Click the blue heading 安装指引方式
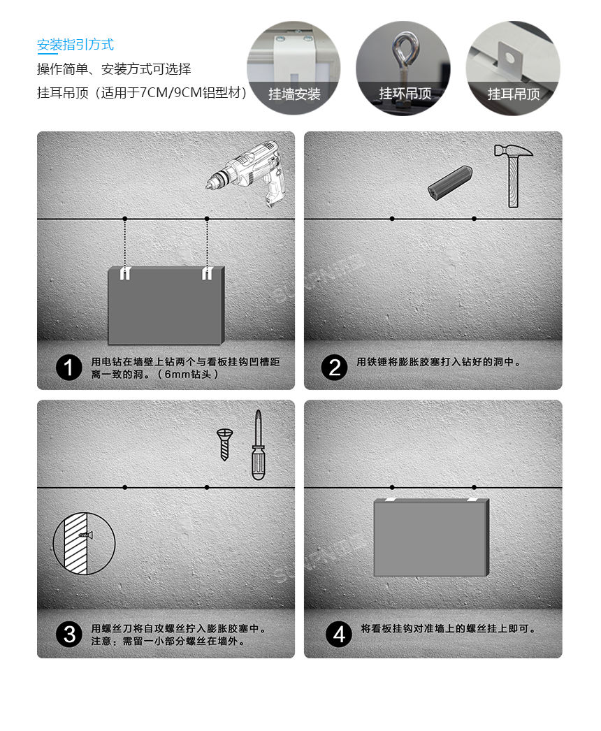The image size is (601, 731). (75, 45)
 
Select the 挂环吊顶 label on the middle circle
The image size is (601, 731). (405, 94)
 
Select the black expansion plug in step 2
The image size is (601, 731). (449, 183)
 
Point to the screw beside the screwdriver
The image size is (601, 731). (224, 444)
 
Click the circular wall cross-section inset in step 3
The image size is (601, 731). (84, 543)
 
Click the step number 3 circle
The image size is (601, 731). (69, 635)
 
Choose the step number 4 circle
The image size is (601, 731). (339, 635)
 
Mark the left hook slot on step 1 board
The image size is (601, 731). (124, 273)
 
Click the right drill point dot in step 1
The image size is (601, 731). (207, 219)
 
